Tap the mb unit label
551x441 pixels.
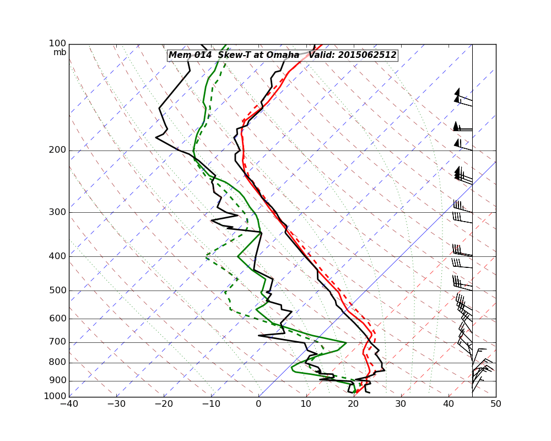[x=60, y=52]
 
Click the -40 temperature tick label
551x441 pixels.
[x=69, y=404]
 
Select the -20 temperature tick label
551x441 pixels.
[x=164, y=404]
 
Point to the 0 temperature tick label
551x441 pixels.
[x=259, y=404]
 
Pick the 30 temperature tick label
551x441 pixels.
[x=401, y=404]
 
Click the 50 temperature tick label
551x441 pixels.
[x=496, y=404]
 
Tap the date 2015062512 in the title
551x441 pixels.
[x=367, y=55]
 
